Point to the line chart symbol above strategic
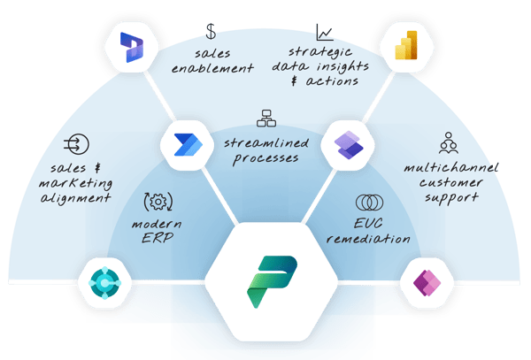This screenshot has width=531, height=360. (324, 34)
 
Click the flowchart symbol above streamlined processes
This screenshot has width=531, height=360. (264, 118)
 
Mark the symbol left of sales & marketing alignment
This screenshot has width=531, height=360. (75, 145)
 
